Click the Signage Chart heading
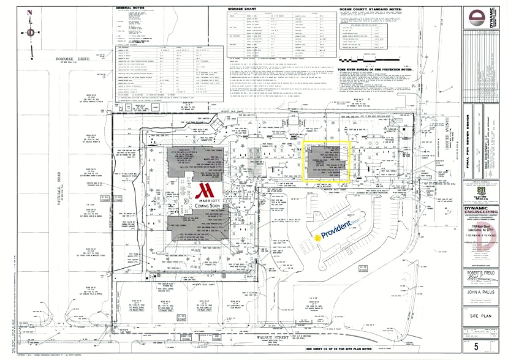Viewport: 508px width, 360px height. (x=227, y=9)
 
